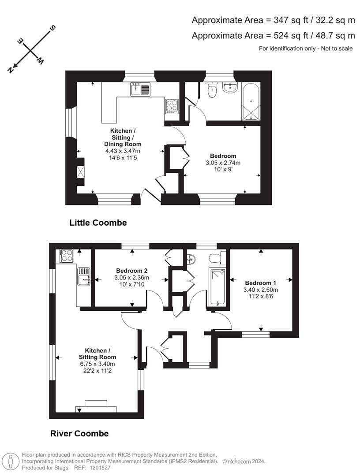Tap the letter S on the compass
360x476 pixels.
(52, 29)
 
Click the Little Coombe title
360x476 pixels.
(98, 223)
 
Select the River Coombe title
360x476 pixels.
(79, 434)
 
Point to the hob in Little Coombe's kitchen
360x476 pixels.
(172, 105)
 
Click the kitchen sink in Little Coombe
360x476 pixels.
(140, 90)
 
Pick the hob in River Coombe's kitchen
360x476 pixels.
(67, 256)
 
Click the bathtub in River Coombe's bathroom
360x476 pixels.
(217, 286)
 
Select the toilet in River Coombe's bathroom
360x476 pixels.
(215, 258)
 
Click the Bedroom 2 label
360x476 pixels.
(131, 271)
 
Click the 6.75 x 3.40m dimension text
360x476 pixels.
(97, 364)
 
